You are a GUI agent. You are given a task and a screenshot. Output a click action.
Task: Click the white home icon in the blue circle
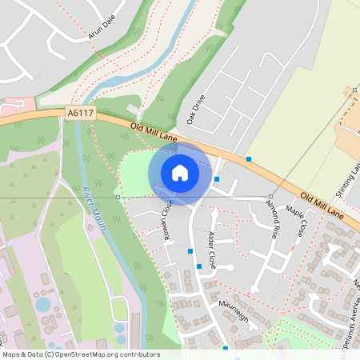click(x=180, y=172)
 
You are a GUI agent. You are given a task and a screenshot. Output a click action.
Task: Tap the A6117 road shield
click(x=80, y=114)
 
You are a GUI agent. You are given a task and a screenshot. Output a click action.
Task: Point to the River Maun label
click(x=94, y=207)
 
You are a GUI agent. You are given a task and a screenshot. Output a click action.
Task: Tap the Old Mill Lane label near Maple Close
click(x=322, y=207)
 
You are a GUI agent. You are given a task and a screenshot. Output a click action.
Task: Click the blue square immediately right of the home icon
click(x=217, y=179)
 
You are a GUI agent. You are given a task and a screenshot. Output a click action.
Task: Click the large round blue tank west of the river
click(x=42, y=304)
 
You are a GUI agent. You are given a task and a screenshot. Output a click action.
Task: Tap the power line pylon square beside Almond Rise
click(x=270, y=196)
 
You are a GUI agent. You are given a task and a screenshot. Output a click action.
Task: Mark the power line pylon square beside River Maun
click(x=118, y=196)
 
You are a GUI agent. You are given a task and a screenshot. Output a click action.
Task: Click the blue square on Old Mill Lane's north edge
click(x=249, y=159)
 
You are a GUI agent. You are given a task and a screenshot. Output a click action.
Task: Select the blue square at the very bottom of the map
click(x=226, y=349)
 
